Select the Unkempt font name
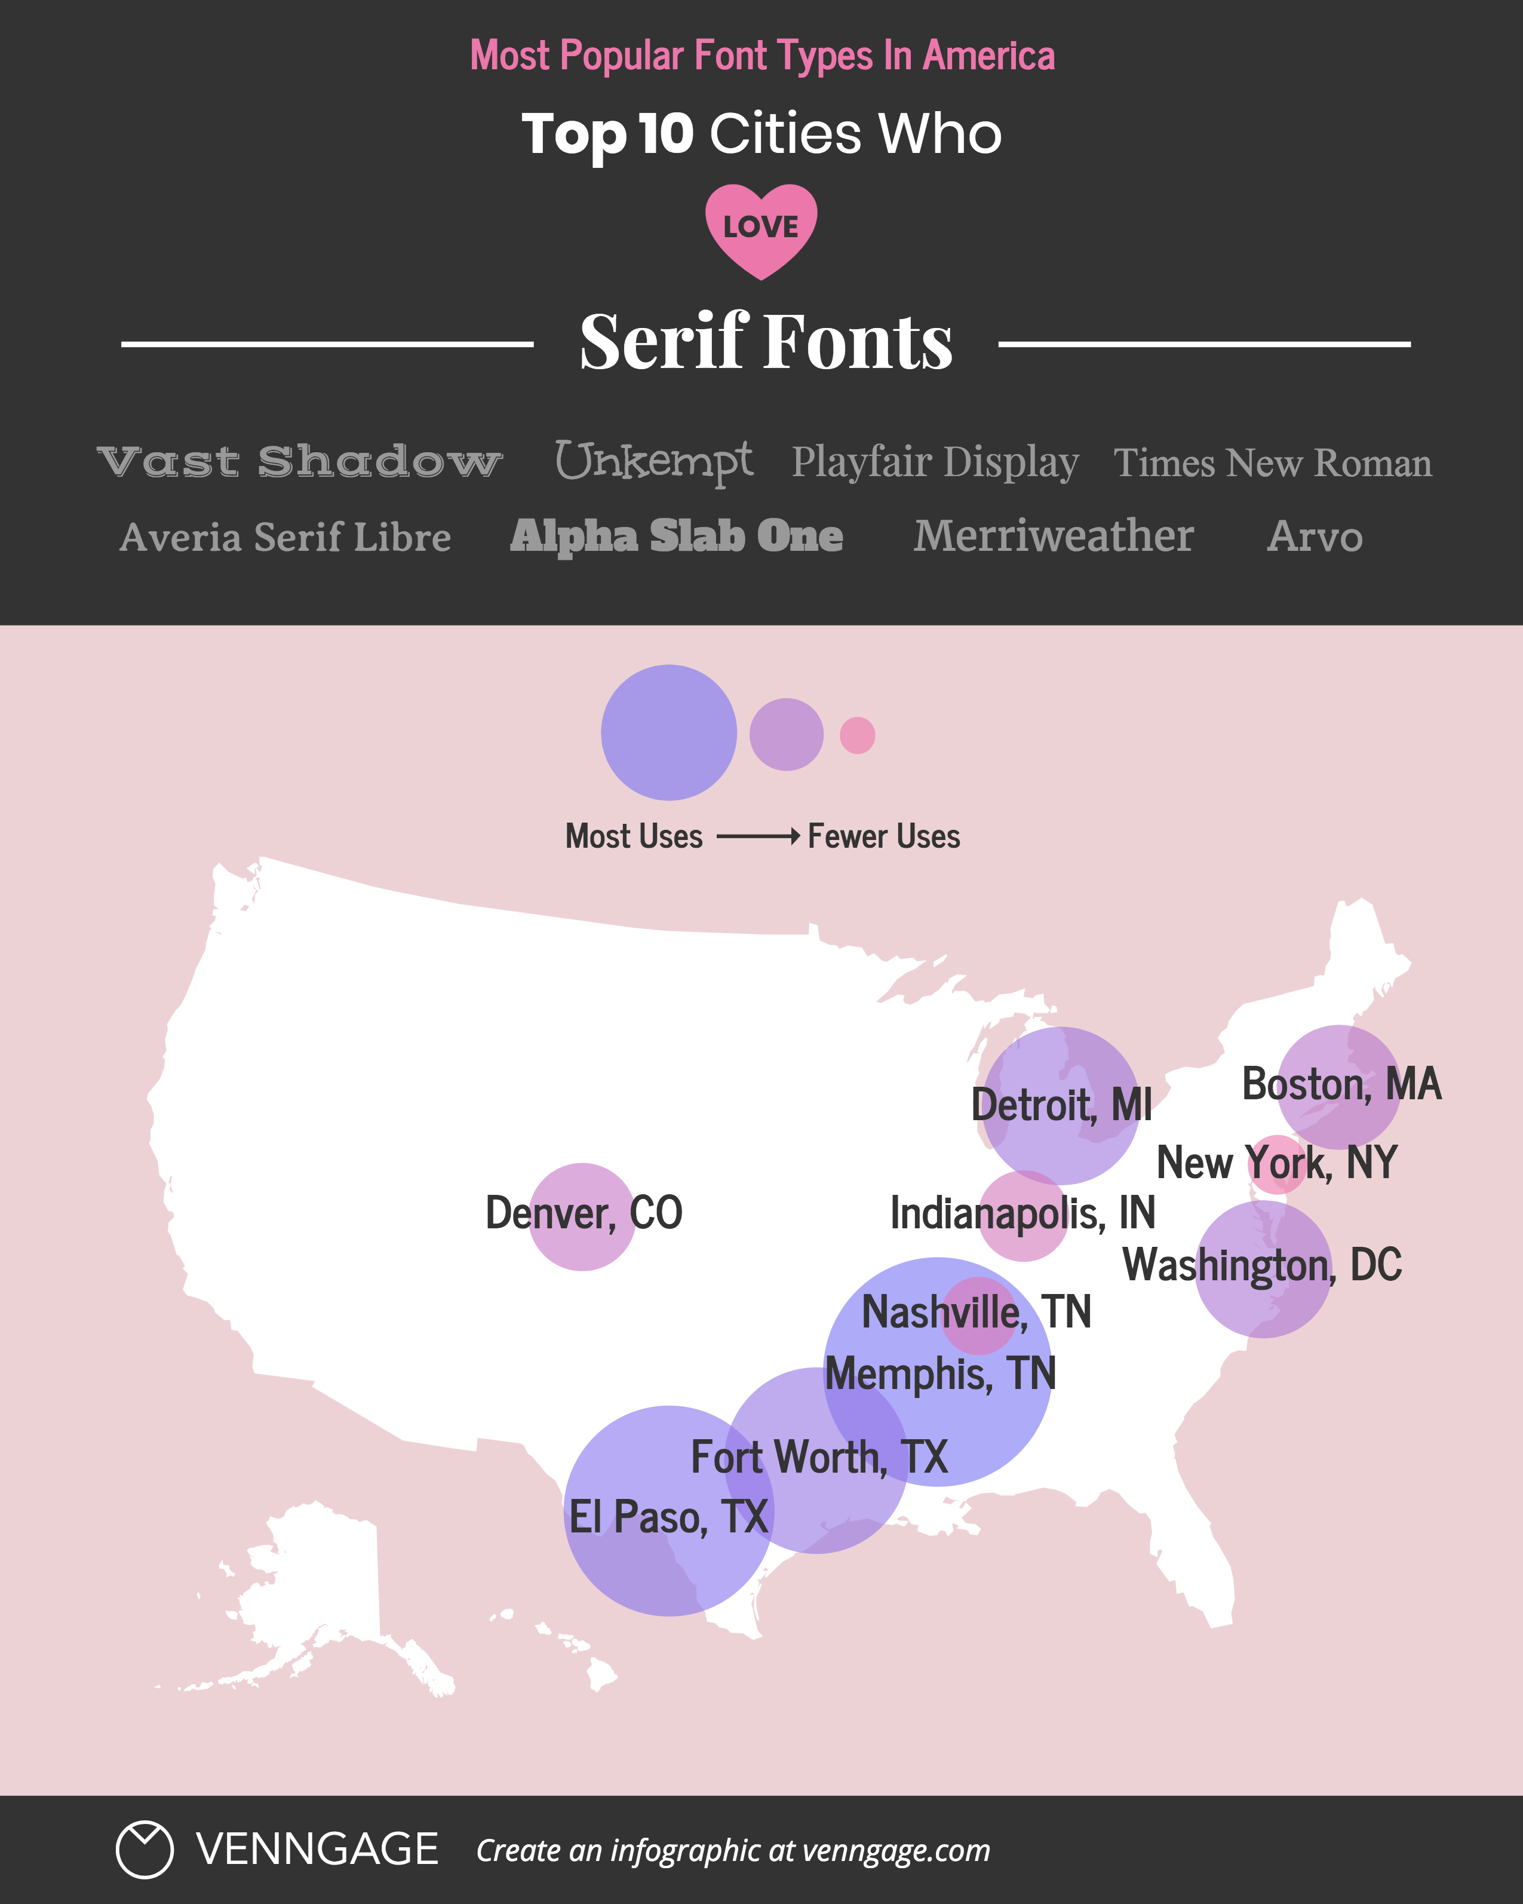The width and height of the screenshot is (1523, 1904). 653,462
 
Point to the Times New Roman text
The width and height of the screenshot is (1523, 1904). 1272,463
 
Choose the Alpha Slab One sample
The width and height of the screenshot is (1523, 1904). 676,536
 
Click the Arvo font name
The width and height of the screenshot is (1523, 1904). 1315,536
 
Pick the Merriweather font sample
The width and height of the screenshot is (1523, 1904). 1054,536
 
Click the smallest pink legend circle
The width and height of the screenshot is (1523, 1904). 857,735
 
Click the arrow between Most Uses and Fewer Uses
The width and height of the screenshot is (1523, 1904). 757,835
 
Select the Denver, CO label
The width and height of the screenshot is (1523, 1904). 584,1213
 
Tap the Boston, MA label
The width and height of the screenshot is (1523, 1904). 1341,1084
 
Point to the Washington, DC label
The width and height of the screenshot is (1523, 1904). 1261,1265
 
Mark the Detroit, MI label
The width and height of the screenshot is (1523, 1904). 1061,1105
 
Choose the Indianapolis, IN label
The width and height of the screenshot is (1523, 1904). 1023,1213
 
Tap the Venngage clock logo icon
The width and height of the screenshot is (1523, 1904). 144,1849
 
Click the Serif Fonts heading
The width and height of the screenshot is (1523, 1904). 766,342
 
